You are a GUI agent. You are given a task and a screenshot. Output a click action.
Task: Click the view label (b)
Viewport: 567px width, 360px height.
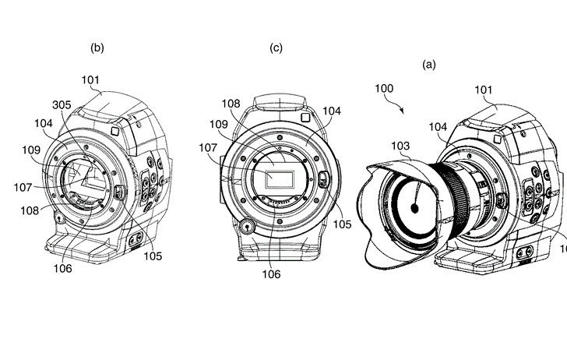[97, 48]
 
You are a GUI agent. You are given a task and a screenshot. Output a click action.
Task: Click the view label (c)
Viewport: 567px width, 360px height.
[276, 48]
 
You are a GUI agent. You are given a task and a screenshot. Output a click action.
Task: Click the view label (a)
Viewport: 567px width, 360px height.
[429, 65]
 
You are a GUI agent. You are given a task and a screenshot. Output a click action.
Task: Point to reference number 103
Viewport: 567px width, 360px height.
[400, 145]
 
